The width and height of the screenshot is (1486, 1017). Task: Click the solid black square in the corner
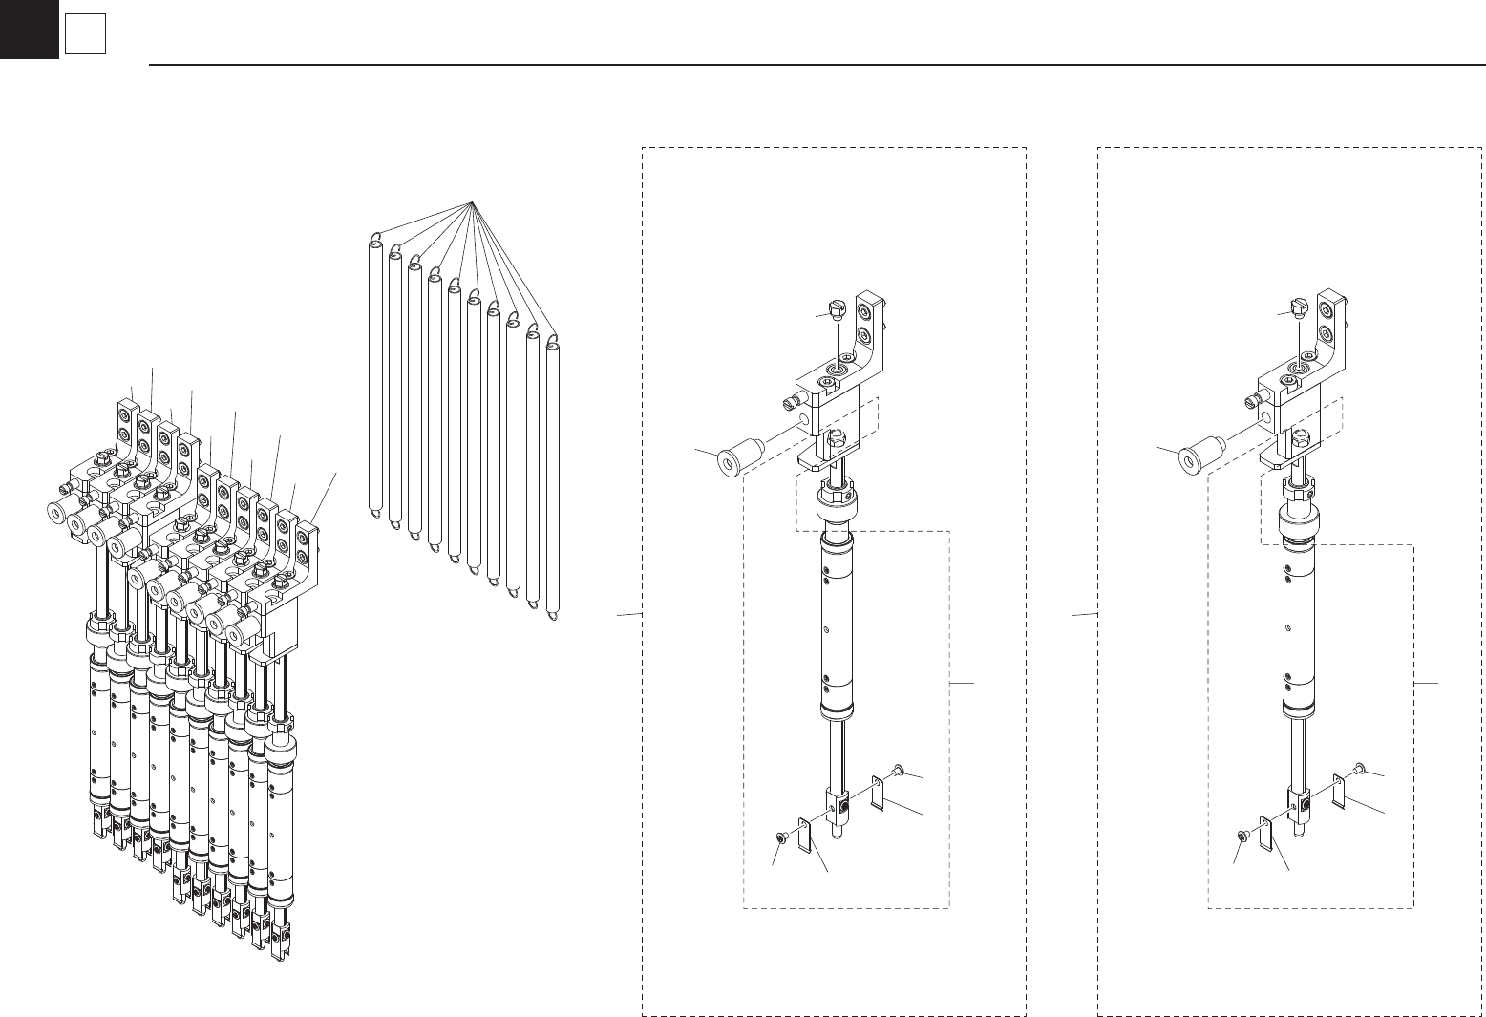29,30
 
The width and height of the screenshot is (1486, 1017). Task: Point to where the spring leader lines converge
473,202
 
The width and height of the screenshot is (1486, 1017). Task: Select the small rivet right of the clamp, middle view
899,770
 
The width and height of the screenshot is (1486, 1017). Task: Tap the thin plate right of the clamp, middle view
879,795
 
